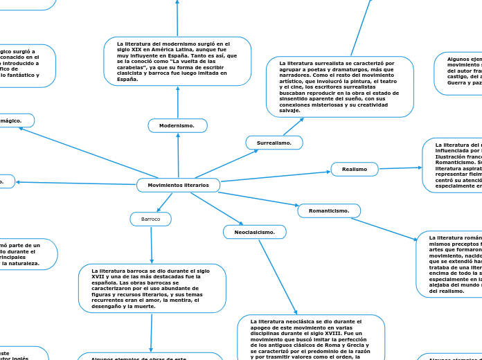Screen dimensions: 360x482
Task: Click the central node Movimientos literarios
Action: tap(178, 186)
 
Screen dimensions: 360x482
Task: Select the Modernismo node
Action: tap(177, 125)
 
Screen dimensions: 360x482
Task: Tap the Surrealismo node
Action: tap(274, 143)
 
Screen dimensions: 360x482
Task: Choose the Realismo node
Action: tap(355, 169)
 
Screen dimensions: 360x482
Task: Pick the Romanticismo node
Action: tap(328, 210)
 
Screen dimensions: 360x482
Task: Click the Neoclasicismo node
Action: tap(254, 232)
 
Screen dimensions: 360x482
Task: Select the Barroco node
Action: tap(150, 219)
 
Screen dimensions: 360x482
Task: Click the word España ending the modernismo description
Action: tap(127, 80)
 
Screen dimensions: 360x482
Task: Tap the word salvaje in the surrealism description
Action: tap(289, 111)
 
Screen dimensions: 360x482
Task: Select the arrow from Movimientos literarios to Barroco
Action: tap(165, 202)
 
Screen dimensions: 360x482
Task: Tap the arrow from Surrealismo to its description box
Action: tap(292, 126)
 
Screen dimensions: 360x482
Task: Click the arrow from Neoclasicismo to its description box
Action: tap(277, 277)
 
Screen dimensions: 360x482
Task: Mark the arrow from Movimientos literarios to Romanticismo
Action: tap(258, 199)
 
